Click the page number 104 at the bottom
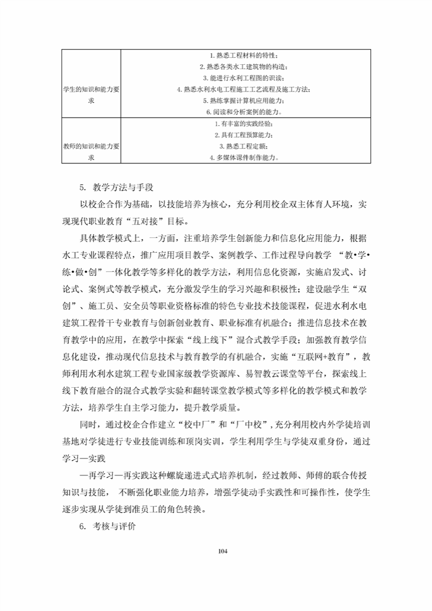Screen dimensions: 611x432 click(222, 551)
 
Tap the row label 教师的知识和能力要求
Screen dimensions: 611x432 click(91, 151)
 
